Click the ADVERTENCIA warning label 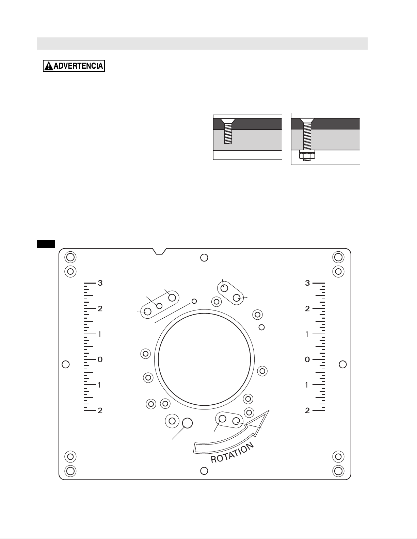74,66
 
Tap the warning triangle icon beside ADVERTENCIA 49,66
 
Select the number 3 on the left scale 100,283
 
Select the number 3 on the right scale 307,283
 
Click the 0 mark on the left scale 100,359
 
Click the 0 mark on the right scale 307,359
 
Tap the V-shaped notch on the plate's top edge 159,251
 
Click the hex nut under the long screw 307,156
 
